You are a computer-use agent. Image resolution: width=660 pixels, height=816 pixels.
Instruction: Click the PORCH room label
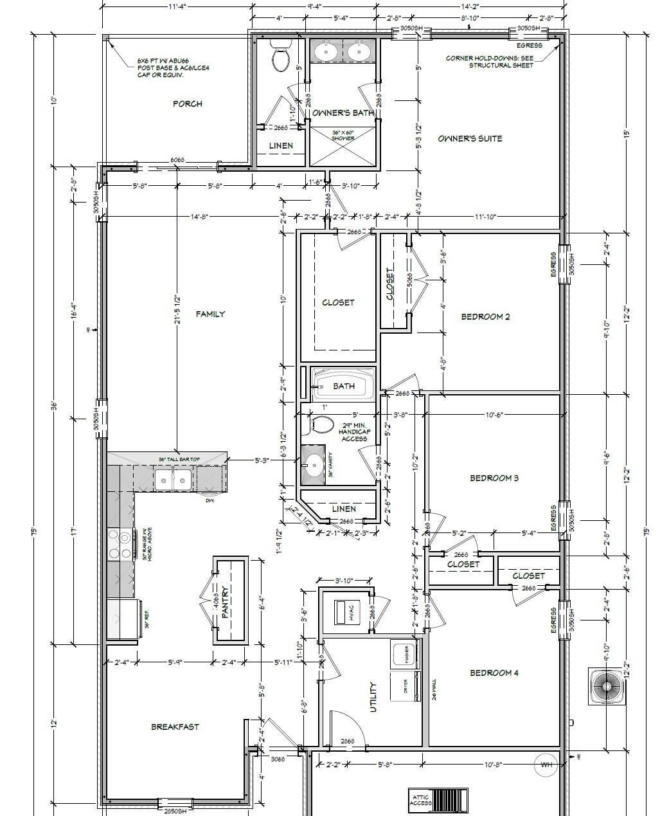[188, 104]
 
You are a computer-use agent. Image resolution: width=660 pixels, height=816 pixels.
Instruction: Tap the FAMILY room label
[210, 314]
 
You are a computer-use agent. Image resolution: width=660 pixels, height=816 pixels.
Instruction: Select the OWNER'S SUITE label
[470, 138]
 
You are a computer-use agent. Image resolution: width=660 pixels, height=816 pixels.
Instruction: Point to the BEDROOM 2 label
[485, 316]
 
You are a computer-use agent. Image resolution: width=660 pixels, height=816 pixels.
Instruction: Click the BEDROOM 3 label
[494, 478]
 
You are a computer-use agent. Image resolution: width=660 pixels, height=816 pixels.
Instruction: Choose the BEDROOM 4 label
[494, 673]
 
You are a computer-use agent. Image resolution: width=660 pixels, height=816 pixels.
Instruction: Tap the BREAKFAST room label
[175, 727]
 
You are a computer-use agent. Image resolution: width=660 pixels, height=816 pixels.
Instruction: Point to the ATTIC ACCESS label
[421, 800]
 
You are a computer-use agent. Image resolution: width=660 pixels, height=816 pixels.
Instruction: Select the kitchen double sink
[174, 478]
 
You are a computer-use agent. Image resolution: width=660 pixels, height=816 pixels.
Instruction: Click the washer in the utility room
[405, 654]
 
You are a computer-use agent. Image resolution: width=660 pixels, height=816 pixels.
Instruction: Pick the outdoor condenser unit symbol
[606, 686]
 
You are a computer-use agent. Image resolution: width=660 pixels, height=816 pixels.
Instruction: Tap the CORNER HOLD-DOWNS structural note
[492, 62]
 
